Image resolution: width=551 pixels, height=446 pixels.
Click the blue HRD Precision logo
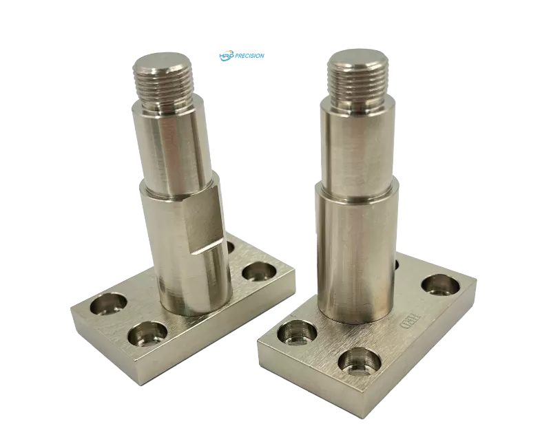[241, 56]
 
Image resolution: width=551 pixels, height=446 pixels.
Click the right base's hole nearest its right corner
[439, 282]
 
